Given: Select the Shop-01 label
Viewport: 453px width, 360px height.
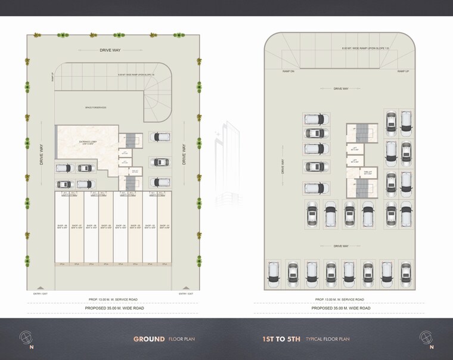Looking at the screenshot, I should click(165, 226).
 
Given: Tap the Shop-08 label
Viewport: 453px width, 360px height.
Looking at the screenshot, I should click(62, 226).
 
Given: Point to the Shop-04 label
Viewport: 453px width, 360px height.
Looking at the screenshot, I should click(120, 226).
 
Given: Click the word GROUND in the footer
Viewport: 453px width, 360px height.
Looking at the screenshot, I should click(149, 339).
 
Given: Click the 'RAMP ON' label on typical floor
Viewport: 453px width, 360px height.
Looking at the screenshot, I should click(288, 71).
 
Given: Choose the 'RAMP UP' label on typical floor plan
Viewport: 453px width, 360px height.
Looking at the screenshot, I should click(403, 71).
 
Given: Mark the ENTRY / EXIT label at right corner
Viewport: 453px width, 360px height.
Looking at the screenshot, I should click(187, 293).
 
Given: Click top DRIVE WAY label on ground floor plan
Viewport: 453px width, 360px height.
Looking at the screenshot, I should click(110, 50).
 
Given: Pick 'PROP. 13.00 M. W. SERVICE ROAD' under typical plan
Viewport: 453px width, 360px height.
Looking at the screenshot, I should click(340, 299).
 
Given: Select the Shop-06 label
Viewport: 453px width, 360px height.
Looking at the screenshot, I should click(91, 226).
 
